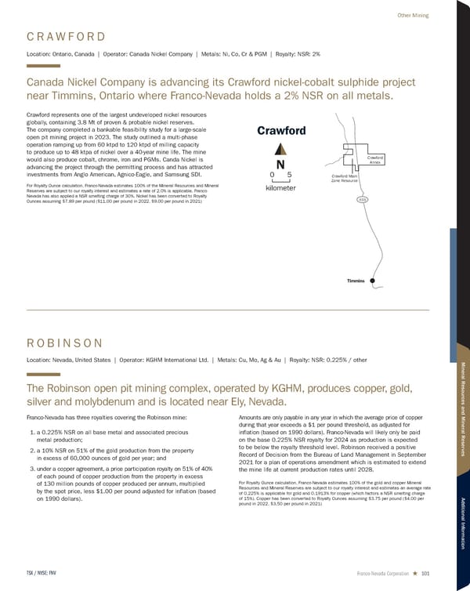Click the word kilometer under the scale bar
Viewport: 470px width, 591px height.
(x=280, y=188)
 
